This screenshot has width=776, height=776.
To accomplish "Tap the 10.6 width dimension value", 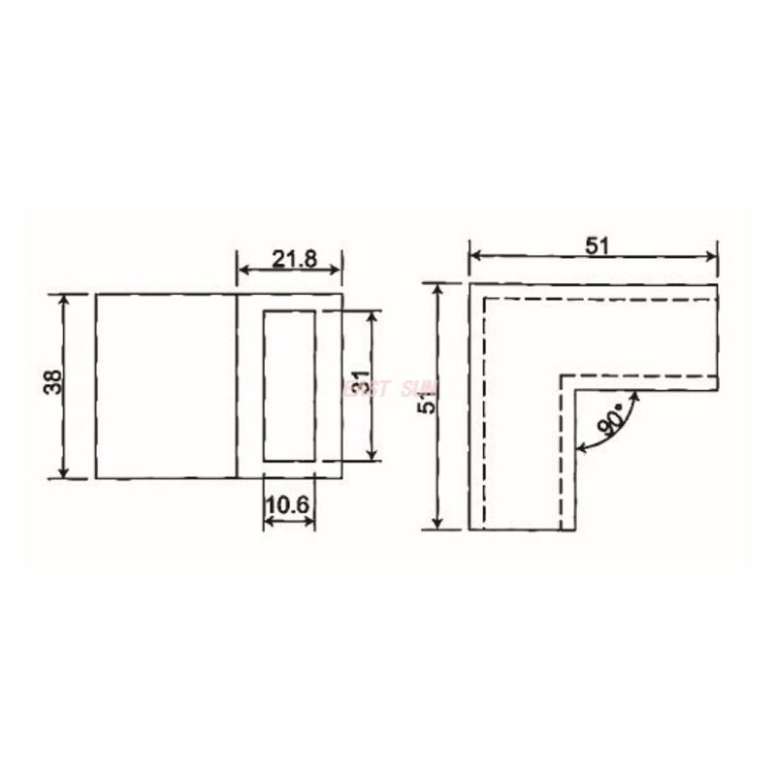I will pos(289,505).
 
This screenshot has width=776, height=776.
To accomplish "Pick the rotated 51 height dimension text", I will pos(423,404).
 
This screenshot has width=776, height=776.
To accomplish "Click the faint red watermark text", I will pos(388,389).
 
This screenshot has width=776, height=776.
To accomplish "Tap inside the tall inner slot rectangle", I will pos(289,386).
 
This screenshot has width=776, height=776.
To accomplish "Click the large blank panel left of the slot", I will pos(167,386).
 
